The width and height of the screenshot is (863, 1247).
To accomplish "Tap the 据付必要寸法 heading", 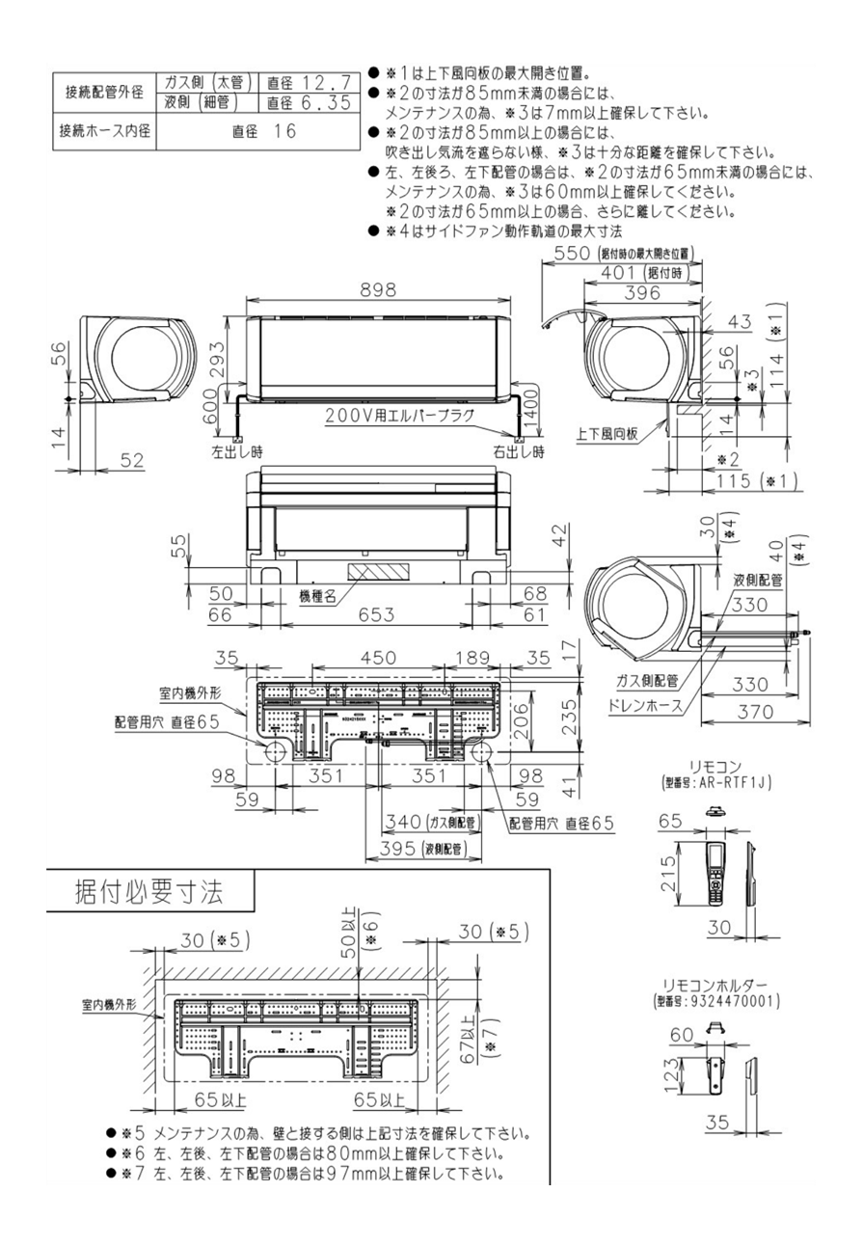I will pyautogui.click(x=149, y=891).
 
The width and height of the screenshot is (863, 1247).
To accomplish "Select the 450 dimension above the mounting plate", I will pyautogui.click(x=377, y=658).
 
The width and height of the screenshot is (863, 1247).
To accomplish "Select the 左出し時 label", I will pyautogui.click(x=237, y=451).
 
